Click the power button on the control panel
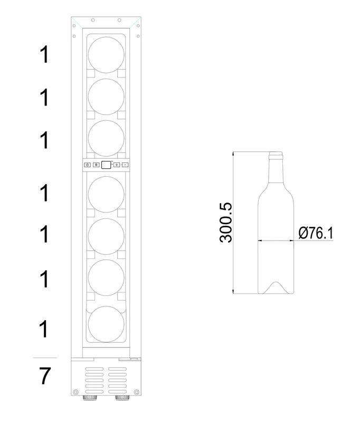88,165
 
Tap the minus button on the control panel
125,165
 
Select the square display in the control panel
106,165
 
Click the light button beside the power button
96,165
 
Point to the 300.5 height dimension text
225,223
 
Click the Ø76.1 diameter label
316,233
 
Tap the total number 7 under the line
45,376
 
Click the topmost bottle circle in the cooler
106,55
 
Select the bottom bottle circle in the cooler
106,324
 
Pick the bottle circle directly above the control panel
106,138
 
